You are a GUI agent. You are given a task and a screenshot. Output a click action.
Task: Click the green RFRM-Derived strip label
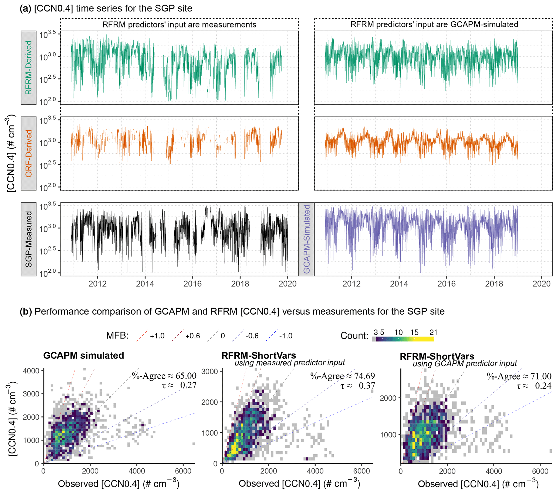coord(29,68)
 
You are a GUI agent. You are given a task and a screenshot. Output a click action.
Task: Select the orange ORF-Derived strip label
coord(29,153)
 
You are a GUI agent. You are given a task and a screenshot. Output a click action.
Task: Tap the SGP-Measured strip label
coord(29,239)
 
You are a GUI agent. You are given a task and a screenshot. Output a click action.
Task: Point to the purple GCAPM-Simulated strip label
coord(307,239)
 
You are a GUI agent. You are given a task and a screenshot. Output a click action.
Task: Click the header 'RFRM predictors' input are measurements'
coord(179,25)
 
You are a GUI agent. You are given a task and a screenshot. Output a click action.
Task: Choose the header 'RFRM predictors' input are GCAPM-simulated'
coord(434,24)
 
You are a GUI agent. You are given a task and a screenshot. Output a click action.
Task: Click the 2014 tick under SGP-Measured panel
coord(145,284)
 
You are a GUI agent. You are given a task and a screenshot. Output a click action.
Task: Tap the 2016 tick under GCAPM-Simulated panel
coord(446,284)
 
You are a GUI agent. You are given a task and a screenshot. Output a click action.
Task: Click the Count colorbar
coord(403,339)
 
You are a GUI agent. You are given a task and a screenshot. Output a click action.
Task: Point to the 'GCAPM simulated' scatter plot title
coord(83,355)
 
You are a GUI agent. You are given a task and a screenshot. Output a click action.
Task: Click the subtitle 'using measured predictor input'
coord(290,363)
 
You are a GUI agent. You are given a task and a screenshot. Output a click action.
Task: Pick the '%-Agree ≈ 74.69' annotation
coord(342,376)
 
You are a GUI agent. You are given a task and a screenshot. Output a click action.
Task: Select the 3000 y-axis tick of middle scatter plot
coord(210,372)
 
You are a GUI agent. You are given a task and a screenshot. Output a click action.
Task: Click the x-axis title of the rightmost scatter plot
coord(478,484)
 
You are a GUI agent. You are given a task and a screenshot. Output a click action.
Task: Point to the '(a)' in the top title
coord(26,8)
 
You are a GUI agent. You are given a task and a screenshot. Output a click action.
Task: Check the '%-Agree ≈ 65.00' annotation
coord(164,376)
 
